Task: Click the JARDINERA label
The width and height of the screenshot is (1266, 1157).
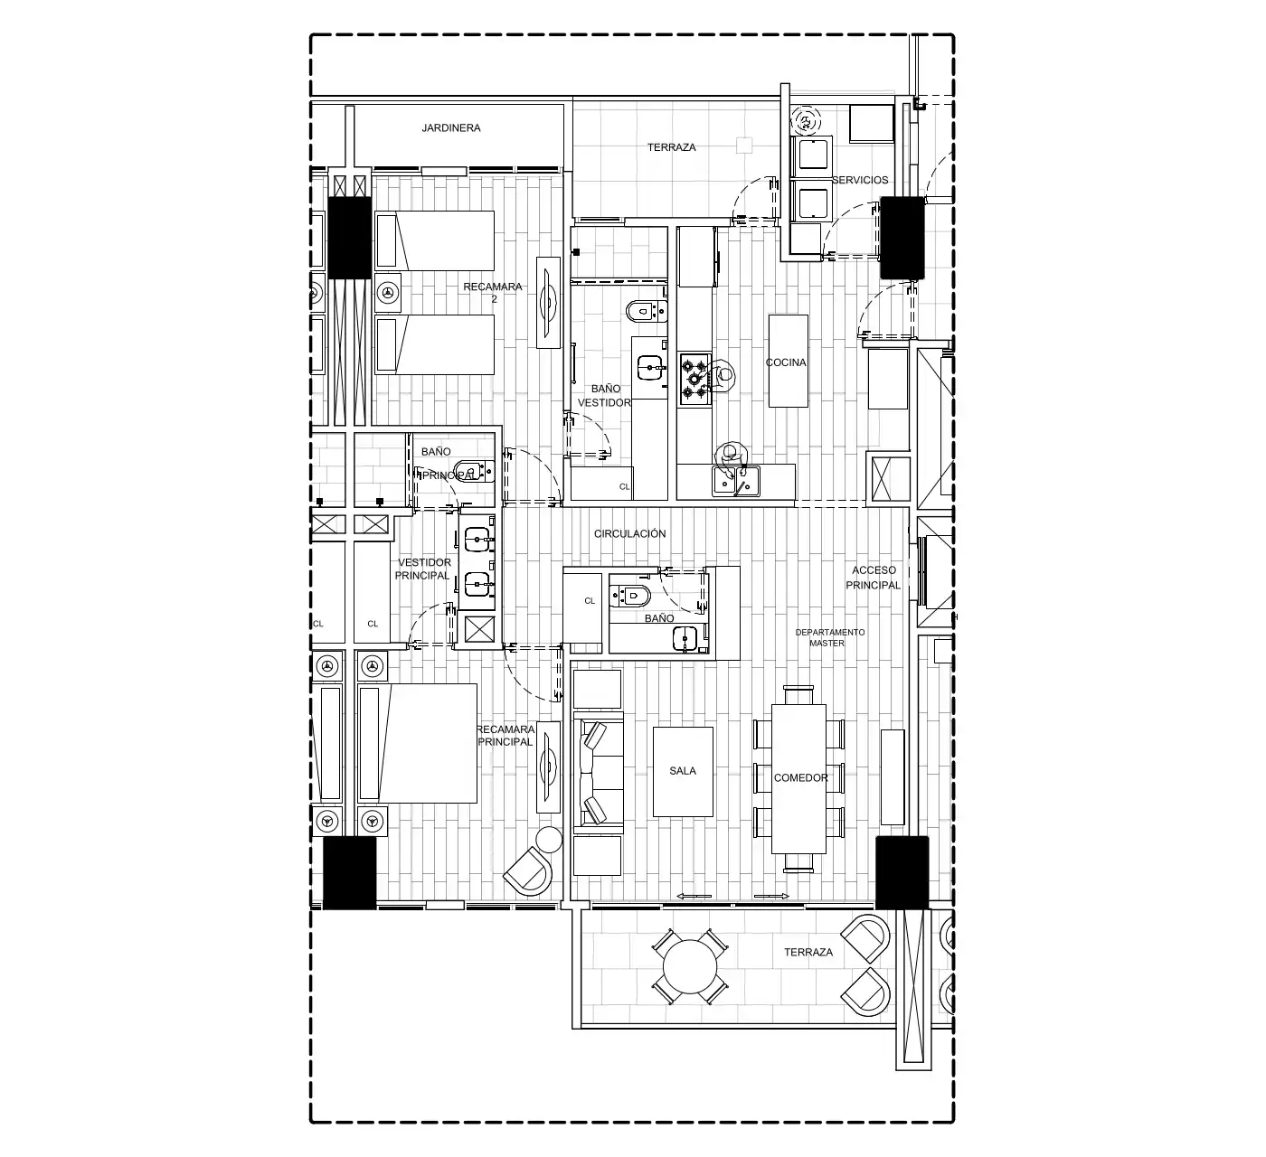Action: click(450, 128)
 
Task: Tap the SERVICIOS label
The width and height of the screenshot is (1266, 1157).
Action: click(860, 180)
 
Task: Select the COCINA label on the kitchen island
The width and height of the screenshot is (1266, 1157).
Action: click(786, 362)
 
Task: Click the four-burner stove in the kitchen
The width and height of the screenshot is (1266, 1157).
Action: click(694, 379)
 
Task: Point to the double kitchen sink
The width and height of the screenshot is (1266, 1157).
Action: click(736, 481)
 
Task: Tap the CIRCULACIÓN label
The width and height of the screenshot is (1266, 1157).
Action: click(630, 533)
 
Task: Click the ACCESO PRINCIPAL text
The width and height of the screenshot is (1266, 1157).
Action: click(874, 578)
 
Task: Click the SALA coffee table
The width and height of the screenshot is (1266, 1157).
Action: click(683, 772)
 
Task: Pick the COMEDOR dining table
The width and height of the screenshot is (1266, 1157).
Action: click(798, 778)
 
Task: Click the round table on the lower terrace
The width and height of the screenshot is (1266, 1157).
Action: click(690, 967)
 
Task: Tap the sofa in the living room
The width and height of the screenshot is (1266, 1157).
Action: click(598, 769)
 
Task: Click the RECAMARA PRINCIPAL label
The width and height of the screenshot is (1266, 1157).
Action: click(505, 736)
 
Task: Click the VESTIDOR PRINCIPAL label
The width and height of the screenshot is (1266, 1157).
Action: click(423, 569)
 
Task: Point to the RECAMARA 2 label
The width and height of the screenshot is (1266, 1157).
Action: click(493, 293)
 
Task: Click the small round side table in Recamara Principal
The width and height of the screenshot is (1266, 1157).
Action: click(548, 840)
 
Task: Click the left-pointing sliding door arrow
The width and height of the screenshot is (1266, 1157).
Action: click(694, 896)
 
